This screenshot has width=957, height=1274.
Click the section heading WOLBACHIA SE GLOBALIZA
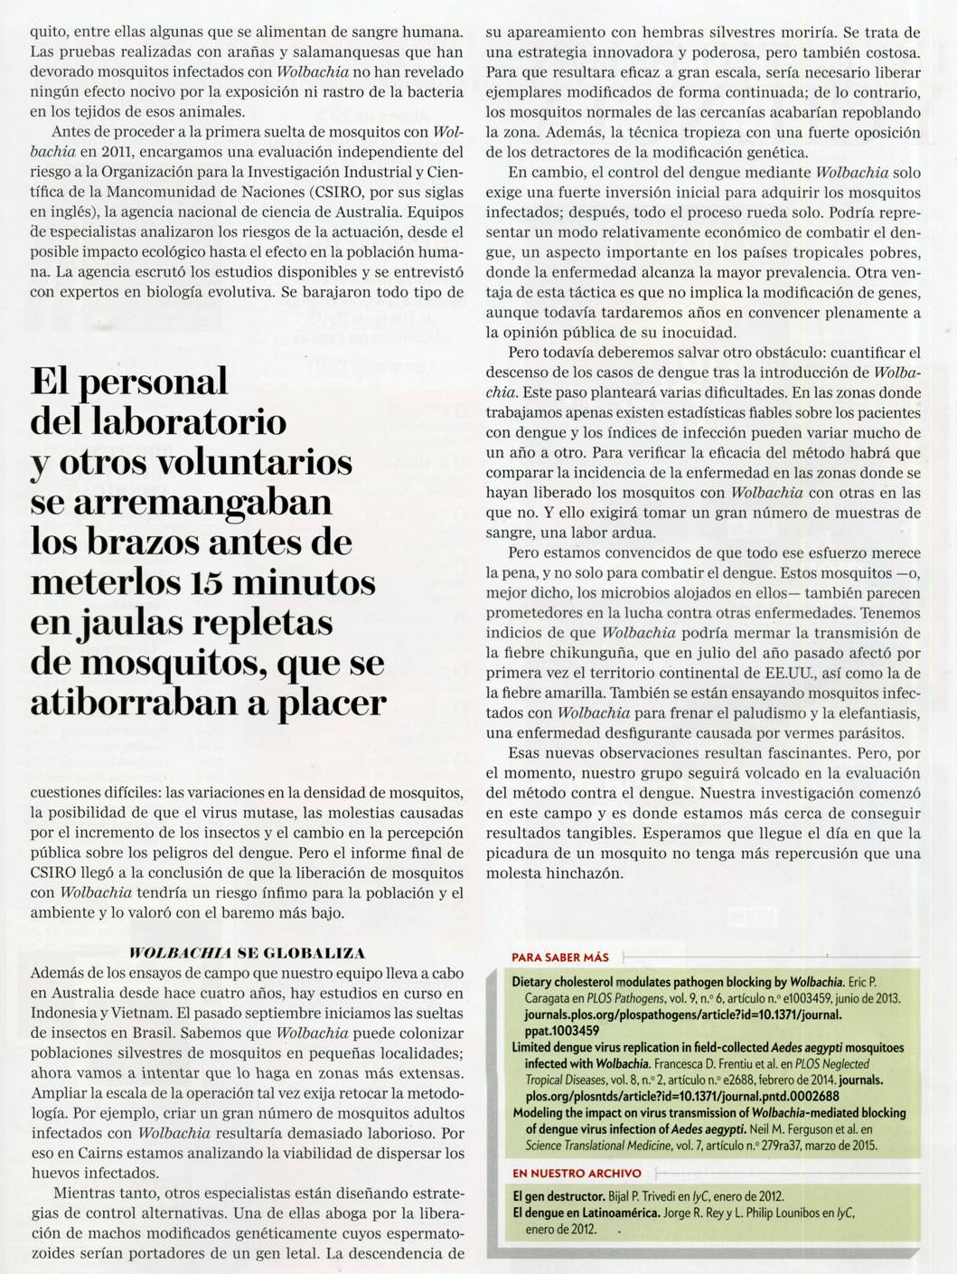coord(247,954)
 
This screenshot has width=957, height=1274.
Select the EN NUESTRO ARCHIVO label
coord(564,1173)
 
